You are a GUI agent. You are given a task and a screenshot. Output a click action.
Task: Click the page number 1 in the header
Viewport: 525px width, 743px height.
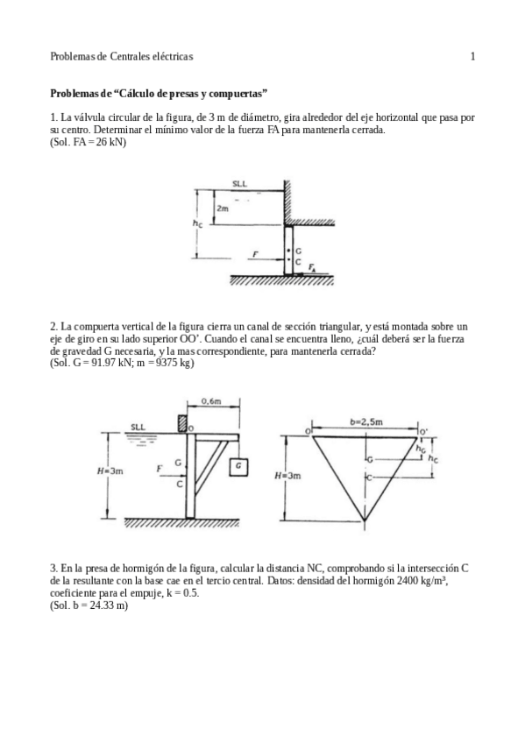(x=472, y=57)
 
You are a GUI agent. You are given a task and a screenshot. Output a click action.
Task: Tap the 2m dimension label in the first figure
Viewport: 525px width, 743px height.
(x=223, y=209)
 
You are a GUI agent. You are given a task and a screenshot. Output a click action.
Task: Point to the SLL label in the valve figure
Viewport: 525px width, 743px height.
(x=239, y=184)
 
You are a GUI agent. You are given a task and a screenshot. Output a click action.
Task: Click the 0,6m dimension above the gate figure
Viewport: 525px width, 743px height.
(x=210, y=400)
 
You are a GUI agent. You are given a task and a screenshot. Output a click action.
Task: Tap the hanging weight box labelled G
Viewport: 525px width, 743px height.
(x=238, y=466)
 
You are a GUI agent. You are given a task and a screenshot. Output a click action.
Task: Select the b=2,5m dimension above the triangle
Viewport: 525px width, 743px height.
(x=366, y=421)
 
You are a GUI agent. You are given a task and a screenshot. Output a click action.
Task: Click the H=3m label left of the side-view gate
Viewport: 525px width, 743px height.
(x=110, y=471)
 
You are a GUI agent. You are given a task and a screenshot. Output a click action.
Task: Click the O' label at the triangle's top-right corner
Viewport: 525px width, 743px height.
(x=424, y=432)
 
